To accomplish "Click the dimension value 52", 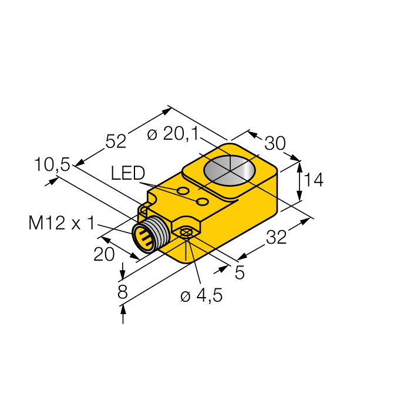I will coord(116,142).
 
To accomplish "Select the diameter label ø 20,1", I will coord(171,134).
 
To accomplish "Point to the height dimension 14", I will coord(314,180).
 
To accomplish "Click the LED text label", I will coord(127,173).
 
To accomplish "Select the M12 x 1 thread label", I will coord(61,223).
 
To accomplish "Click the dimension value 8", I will coord(122,292).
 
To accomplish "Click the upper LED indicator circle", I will coord(183,191).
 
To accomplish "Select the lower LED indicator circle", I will coord(203,202).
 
